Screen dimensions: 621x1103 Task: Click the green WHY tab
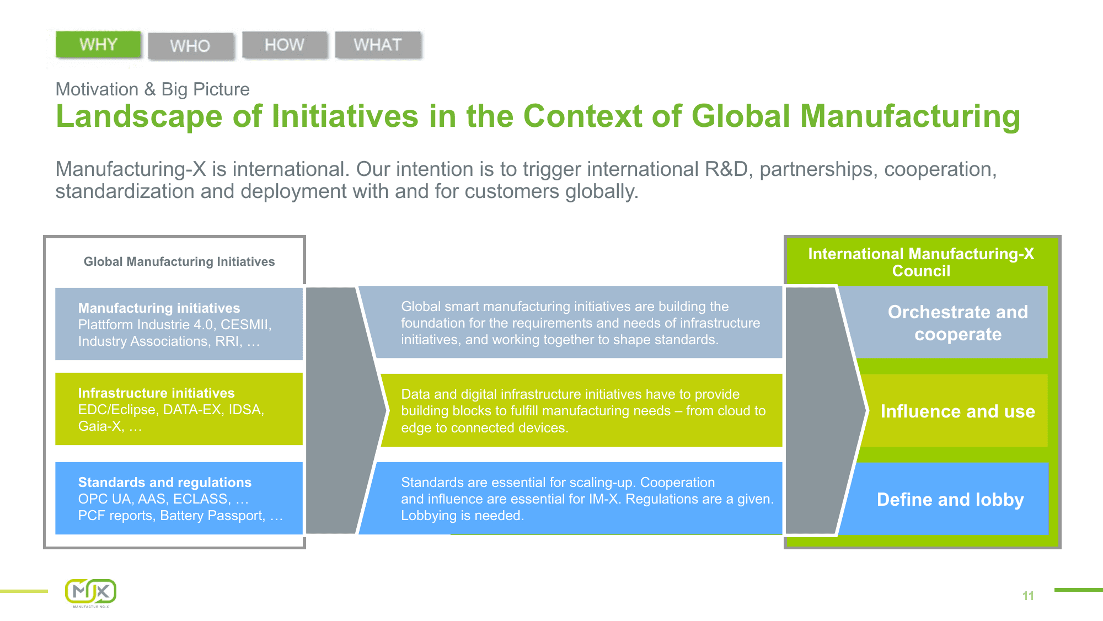(x=98, y=45)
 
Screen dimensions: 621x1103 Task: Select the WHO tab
(x=190, y=46)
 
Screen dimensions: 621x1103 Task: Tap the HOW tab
(x=285, y=45)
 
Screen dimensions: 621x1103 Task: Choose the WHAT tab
(x=378, y=45)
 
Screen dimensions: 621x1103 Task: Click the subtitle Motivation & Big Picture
(x=153, y=89)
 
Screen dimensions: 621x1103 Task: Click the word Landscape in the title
(x=139, y=117)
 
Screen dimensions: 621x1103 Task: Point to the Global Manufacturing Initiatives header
(x=179, y=261)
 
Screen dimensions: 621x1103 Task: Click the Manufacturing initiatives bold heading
(x=159, y=308)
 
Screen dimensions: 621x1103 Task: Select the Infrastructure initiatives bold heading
(x=156, y=393)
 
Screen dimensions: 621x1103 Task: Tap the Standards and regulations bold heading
(x=164, y=482)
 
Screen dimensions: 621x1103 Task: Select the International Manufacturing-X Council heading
(x=921, y=262)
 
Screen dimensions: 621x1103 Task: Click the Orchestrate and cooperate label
(x=957, y=323)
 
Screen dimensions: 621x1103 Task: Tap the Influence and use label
(x=957, y=411)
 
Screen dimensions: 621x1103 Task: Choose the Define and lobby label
(x=950, y=499)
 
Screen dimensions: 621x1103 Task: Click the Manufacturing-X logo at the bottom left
(x=91, y=592)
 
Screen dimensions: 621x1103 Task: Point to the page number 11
(x=1028, y=596)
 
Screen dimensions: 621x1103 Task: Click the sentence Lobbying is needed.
(x=462, y=516)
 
